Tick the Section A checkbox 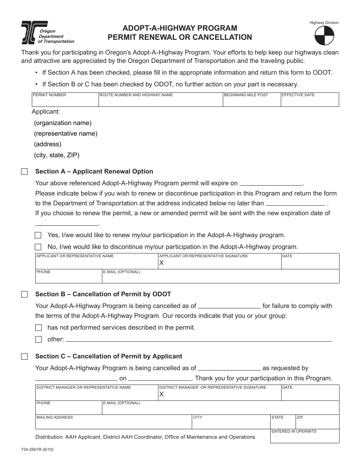(x=25, y=172)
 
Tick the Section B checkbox (x=25, y=294)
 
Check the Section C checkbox (x=25, y=357)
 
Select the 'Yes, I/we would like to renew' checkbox (x=38, y=235)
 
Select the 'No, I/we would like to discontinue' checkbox (x=38, y=247)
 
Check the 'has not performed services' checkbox (x=38, y=328)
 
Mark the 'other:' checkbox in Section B (x=38, y=339)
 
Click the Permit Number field (x=65, y=101)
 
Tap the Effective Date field (x=310, y=101)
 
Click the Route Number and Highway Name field (x=160, y=101)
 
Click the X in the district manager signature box (x=161, y=394)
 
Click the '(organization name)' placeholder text (x=63, y=123)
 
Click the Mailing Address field (x=113, y=424)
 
